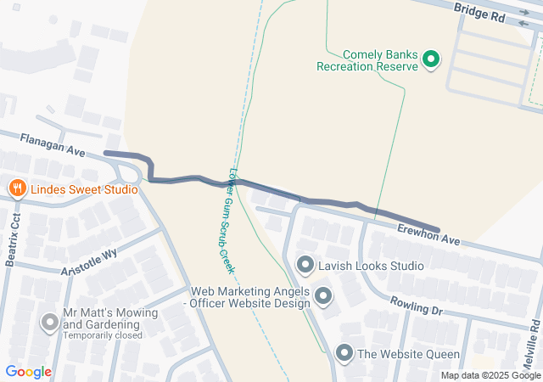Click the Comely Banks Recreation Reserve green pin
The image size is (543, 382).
click(x=431, y=59)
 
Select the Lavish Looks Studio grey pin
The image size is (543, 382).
click(x=305, y=266)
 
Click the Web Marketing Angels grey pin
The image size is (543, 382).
click(x=323, y=296)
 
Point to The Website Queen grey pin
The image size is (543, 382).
click(x=344, y=353)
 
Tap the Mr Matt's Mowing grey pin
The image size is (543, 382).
click(x=50, y=322)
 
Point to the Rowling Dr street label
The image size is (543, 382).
click(x=416, y=306)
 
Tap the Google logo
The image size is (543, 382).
click(x=28, y=372)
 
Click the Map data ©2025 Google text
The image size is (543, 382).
click(x=490, y=375)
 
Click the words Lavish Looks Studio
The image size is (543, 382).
click(x=371, y=266)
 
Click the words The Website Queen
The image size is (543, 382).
click(x=409, y=354)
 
